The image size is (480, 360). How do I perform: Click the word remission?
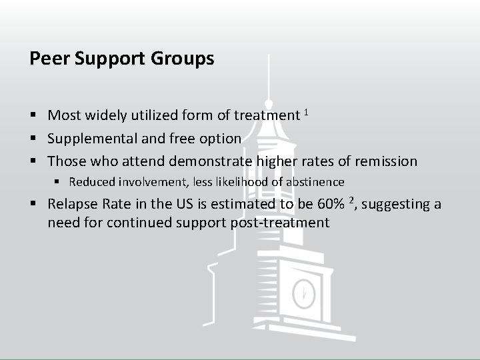[x=386, y=161]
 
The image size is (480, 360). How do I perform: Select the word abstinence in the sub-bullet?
[x=315, y=182]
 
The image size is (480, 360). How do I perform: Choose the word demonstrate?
[x=211, y=161]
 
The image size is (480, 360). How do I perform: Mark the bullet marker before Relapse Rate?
[x=33, y=205]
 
